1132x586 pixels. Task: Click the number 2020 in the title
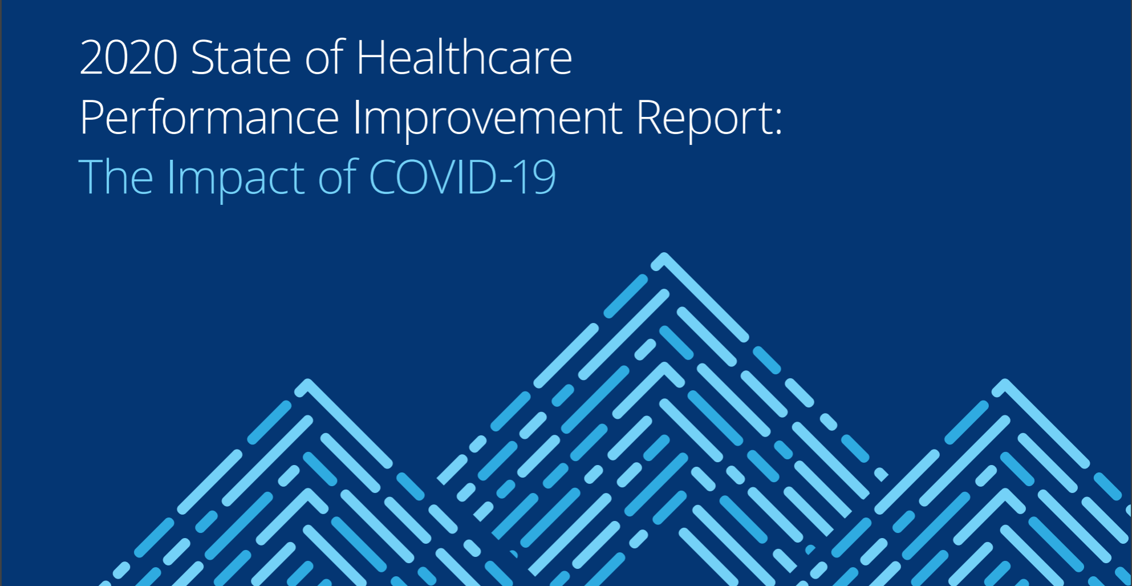pos(128,58)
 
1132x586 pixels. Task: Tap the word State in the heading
pos(241,58)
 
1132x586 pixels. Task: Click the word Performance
pos(209,117)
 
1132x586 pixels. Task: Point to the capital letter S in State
pos(202,58)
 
